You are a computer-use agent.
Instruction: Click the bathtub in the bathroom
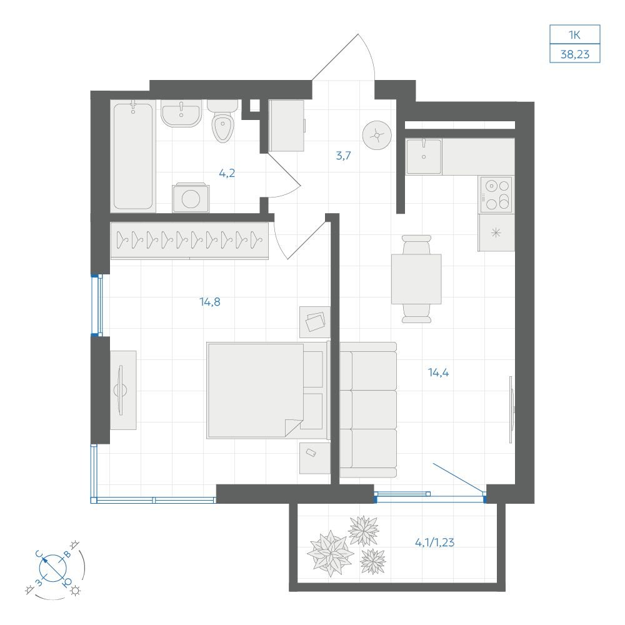[x=132, y=156]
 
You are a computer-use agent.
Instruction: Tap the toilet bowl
[x=222, y=122]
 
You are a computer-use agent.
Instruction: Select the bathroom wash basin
[x=181, y=113]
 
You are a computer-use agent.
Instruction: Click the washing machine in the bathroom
[x=191, y=198]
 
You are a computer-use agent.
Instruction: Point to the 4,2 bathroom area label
[x=227, y=173]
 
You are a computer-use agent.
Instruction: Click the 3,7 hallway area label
[x=343, y=156]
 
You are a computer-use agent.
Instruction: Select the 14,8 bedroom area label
[x=210, y=302]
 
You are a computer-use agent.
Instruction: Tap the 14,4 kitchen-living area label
[x=439, y=372]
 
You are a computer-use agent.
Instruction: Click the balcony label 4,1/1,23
[x=434, y=542]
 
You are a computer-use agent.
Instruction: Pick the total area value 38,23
[x=575, y=54]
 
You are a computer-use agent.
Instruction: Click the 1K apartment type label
[x=574, y=35]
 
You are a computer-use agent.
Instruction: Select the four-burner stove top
[x=496, y=195]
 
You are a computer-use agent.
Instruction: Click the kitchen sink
[x=424, y=156]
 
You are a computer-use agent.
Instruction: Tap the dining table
[x=416, y=279]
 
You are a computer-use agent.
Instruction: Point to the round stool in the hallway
[x=377, y=136]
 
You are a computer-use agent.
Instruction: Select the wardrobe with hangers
[x=189, y=241]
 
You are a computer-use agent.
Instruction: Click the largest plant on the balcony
[x=330, y=553]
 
